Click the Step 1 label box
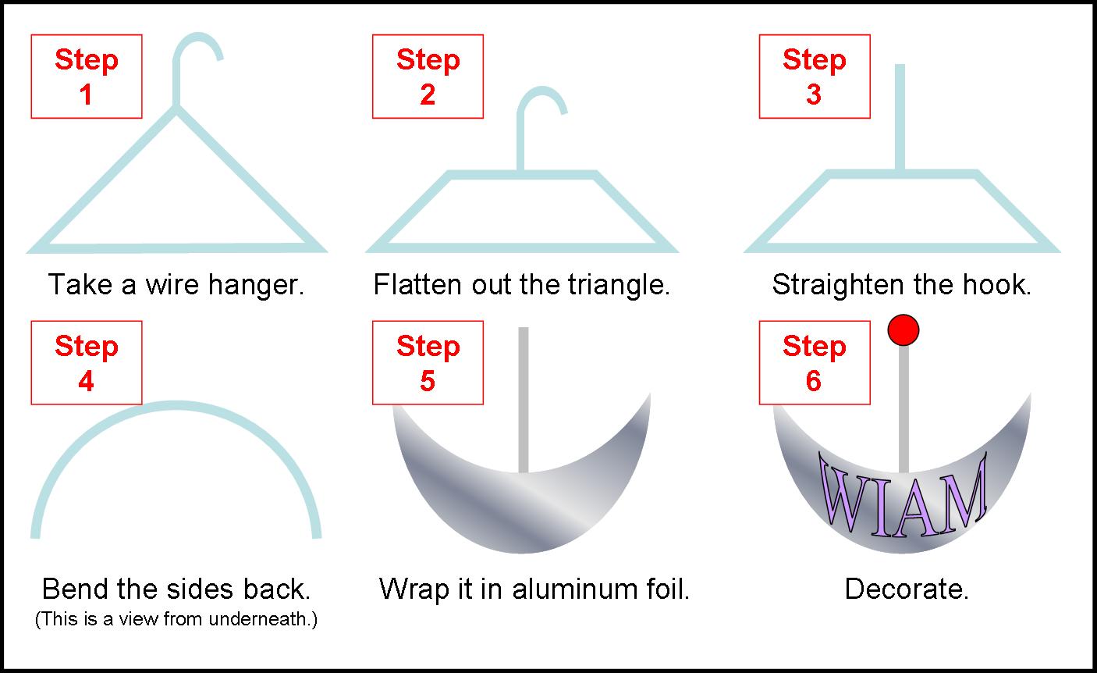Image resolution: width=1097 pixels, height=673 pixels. pos(86,77)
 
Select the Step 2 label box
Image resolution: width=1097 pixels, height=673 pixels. pos(428,77)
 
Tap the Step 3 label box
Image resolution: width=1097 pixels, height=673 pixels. pos(814,77)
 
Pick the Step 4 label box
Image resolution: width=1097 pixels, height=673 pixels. pos(86,363)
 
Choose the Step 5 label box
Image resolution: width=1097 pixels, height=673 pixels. pos(428,363)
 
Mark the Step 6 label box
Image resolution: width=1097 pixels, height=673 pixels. pos(814,363)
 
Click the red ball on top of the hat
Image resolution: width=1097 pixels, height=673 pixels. pos(904,330)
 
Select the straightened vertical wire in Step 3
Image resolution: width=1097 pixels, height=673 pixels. pos(900,117)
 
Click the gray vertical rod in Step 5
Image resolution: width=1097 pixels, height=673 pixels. pos(524,398)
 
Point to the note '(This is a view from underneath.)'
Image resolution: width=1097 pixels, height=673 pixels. pos(176,621)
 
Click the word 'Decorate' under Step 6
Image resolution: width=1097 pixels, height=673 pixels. pos(906,589)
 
